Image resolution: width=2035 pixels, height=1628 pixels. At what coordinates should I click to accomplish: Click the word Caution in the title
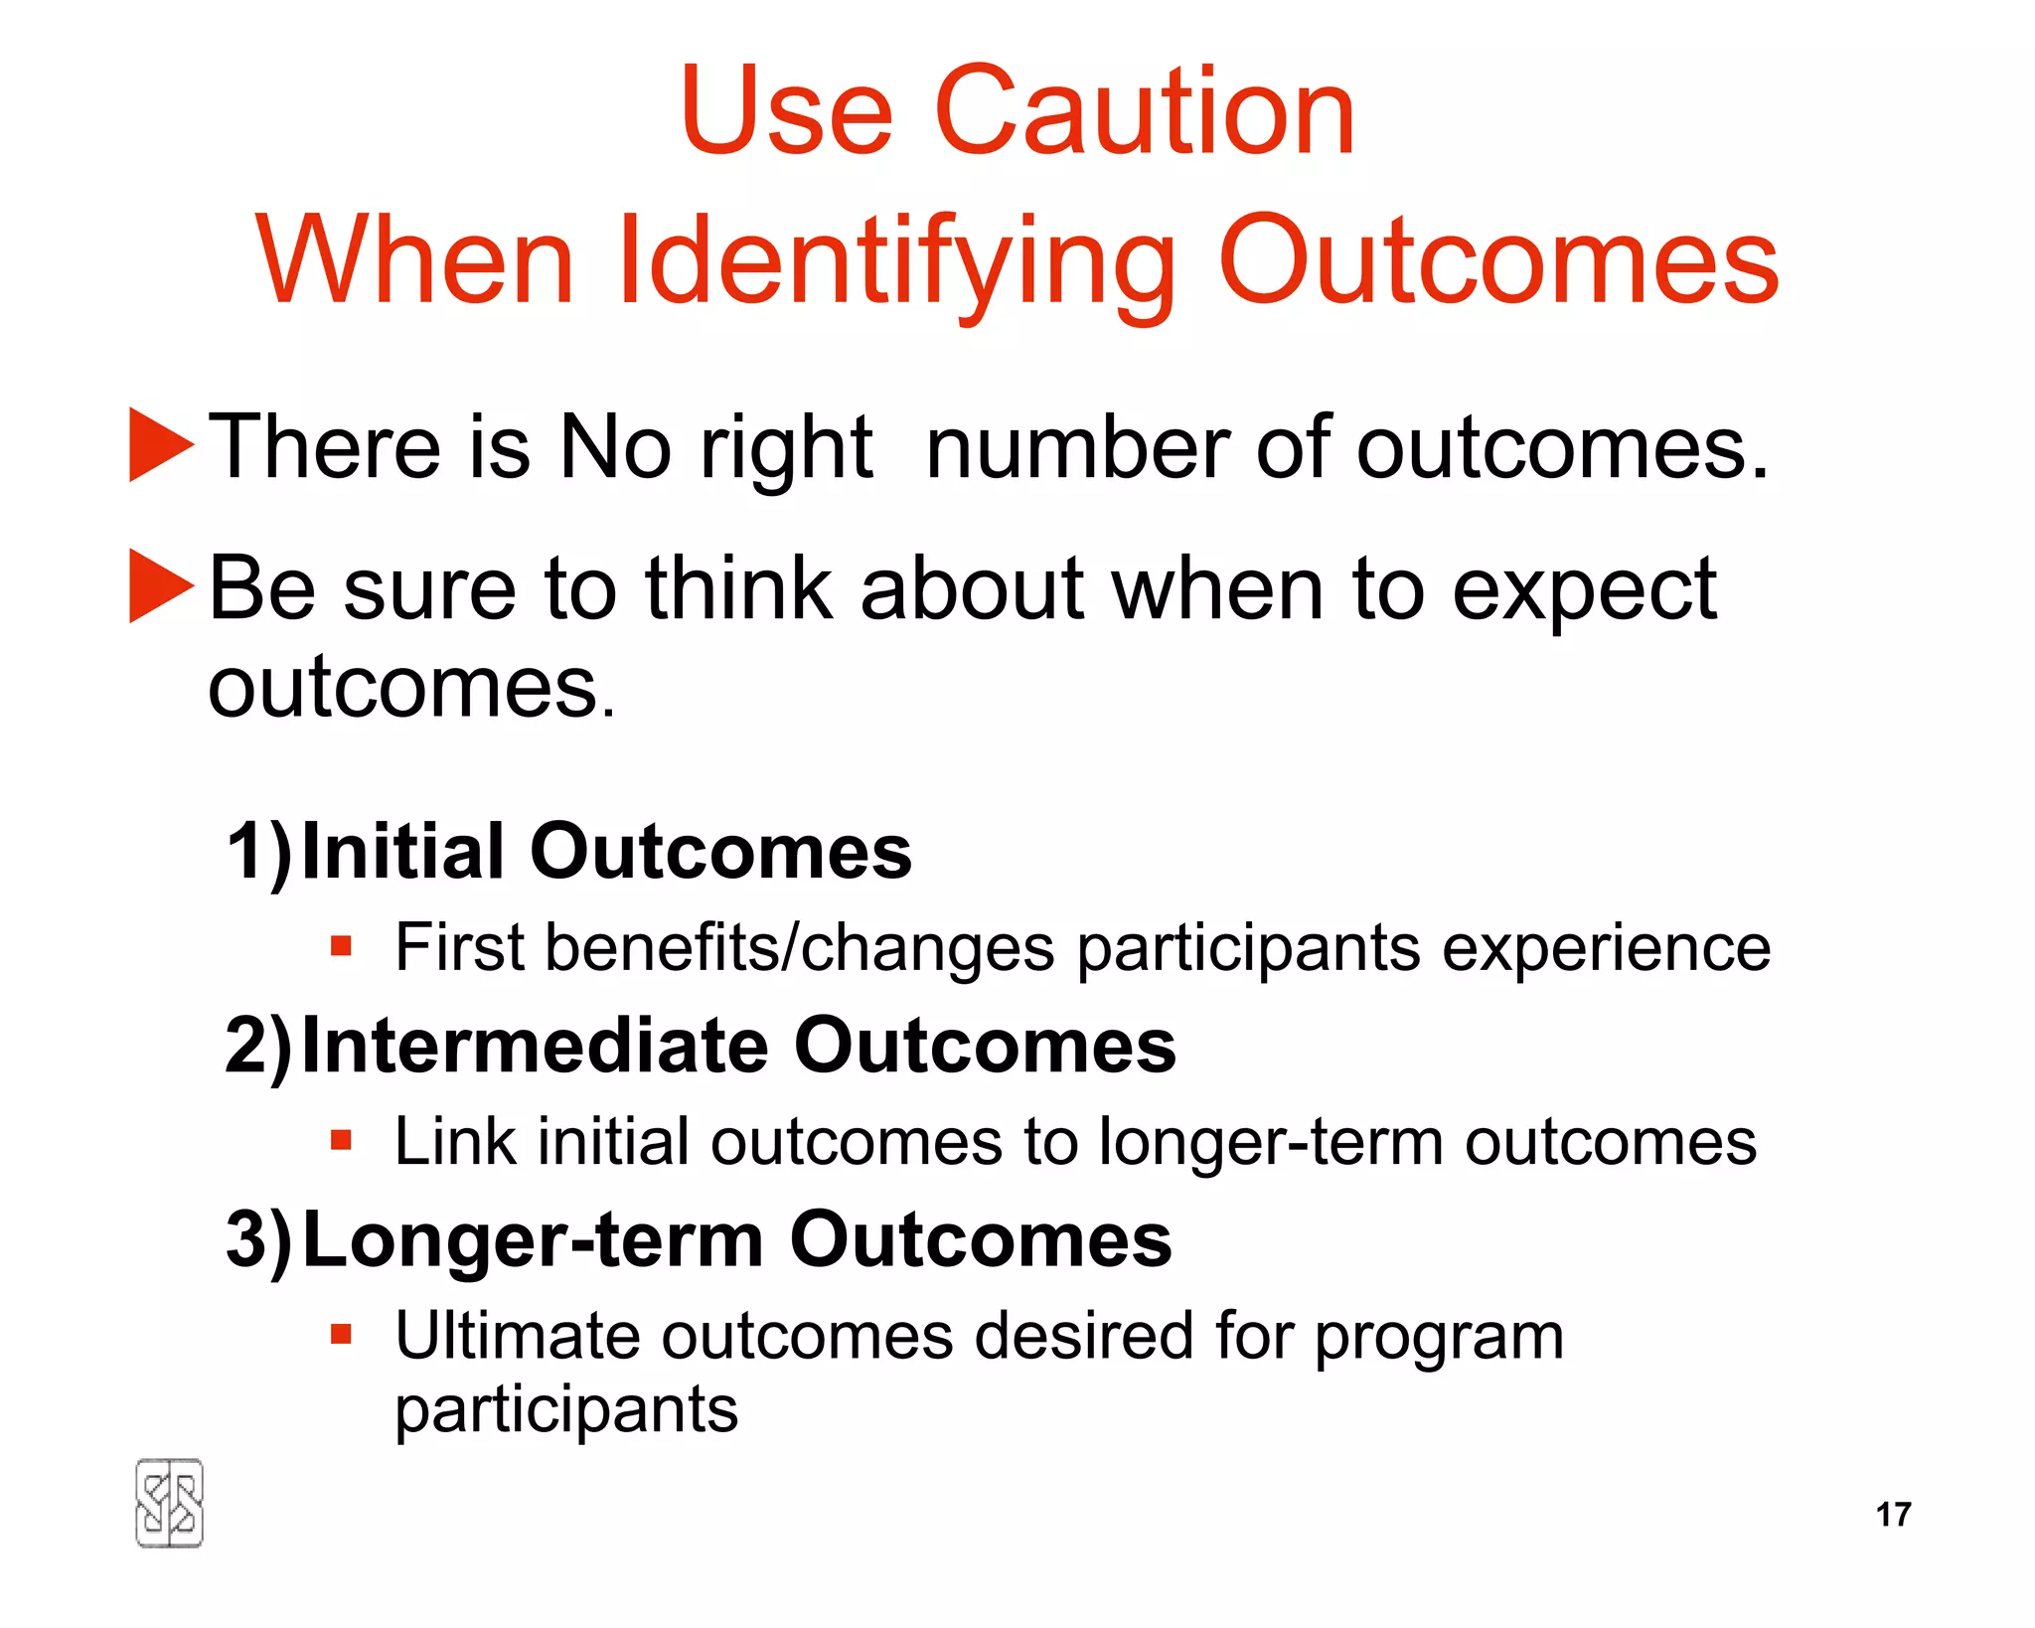click(1144, 110)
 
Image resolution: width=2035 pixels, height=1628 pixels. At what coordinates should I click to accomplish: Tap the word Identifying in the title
click(895, 261)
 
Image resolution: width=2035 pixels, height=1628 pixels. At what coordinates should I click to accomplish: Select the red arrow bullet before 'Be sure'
click(159, 586)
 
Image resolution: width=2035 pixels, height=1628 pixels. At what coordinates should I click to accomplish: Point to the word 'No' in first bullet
click(615, 447)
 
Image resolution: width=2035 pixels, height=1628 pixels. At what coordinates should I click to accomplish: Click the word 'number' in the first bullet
click(1078, 447)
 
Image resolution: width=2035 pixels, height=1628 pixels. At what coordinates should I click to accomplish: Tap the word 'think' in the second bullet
click(738, 588)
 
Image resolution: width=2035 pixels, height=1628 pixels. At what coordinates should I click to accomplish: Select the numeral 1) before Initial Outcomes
click(258, 852)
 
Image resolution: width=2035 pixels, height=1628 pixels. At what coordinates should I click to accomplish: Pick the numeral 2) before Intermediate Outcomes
click(258, 1046)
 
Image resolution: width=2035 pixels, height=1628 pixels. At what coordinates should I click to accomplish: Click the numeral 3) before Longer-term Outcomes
click(258, 1239)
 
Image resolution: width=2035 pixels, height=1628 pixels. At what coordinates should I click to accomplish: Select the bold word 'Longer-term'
click(533, 1241)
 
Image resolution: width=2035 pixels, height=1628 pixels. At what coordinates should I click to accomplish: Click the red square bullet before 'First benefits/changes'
click(342, 945)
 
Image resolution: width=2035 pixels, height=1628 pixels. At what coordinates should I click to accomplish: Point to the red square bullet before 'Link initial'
click(342, 1139)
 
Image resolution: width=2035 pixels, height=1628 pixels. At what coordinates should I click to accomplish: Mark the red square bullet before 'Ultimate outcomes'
click(342, 1333)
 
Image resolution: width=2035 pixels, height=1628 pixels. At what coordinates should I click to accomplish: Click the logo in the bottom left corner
click(169, 1503)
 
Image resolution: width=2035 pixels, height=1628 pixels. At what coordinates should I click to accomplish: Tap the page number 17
click(1893, 1514)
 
